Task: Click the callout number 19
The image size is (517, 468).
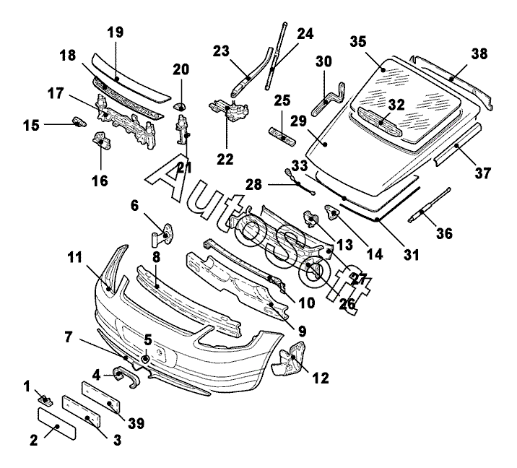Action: coord(115,32)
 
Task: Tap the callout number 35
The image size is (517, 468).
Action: coord(359,40)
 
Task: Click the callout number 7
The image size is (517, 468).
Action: coord(69,337)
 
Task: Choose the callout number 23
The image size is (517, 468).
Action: coord(221,51)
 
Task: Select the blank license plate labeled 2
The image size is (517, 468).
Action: coord(56,424)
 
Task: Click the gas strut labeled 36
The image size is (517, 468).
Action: coord(427,204)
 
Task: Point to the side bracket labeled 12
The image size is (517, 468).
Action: coord(292,363)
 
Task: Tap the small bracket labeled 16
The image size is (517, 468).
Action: coord(100,139)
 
